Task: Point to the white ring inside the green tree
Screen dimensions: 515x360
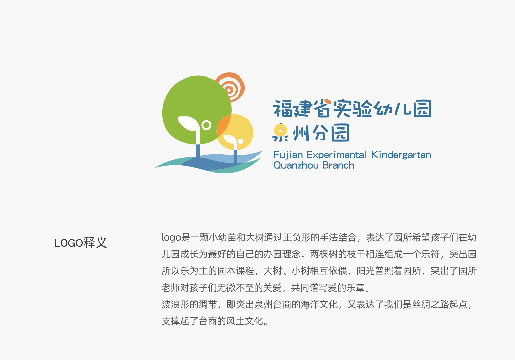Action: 206,125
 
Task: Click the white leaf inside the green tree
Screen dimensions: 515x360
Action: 187,123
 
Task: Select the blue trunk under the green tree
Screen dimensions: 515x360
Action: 198,151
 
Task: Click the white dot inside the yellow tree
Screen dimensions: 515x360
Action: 241,141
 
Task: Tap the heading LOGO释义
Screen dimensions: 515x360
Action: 81,243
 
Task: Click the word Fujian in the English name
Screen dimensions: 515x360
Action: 288,155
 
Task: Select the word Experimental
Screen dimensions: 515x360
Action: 337,155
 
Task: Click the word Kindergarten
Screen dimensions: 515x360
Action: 401,155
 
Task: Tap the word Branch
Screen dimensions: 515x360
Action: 339,165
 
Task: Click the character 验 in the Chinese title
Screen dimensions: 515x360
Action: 363,108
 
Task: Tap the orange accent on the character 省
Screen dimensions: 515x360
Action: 327,101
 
